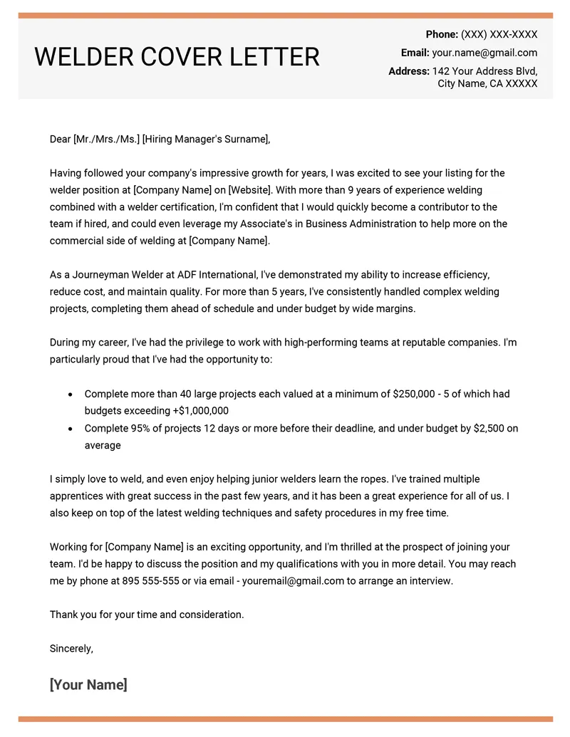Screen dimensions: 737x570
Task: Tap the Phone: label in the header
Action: (x=442, y=34)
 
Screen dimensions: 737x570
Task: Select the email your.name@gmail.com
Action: (x=484, y=53)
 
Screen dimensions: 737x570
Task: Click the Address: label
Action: (x=409, y=71)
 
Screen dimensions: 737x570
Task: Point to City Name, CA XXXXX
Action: (x=487, y=84)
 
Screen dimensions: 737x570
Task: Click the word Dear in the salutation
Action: (x=60, y=139)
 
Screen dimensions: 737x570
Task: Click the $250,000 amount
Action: (x=418, y=394)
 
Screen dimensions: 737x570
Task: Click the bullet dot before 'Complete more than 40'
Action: (x=69, y=394)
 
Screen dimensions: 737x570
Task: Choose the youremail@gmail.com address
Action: (x=293, y=580)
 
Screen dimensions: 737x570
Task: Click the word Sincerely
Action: (x=71, y=648)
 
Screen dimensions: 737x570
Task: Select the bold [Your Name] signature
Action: (x=88, y=685)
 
